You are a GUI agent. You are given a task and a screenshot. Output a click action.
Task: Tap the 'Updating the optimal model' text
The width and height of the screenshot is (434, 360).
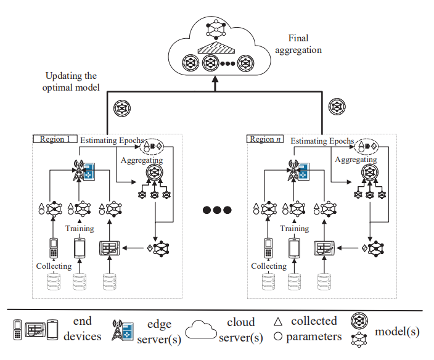(x=72, y=82)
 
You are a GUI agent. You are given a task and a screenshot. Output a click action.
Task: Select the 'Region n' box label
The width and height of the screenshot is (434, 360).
(x=266, y=139)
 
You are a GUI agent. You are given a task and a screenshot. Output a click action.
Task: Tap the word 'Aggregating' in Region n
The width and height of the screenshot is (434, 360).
(x=356, y=160)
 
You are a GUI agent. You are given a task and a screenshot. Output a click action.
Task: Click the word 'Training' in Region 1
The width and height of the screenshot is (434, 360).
(x=80, y=229)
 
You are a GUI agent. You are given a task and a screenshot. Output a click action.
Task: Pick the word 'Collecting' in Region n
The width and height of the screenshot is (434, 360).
(x=269, y=266)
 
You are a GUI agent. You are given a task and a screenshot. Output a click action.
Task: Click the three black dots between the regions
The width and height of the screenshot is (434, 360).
(x=216, y=210)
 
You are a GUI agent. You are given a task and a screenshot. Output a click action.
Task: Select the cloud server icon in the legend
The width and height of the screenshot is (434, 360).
(x=204, y=330)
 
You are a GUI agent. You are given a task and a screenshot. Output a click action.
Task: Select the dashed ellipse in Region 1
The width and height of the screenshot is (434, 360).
(x=152, y=147)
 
